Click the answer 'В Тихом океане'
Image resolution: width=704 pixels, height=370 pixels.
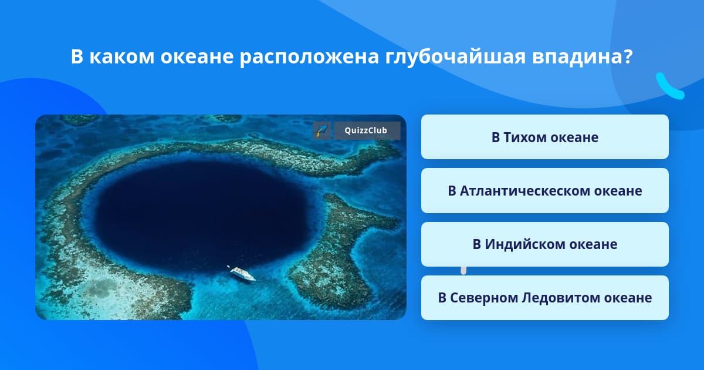pyautogui.click(x=544, y=137)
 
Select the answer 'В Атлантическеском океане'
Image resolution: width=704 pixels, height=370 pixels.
pyautogui.click(x=544, y=191)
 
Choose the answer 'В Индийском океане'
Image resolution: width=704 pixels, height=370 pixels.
pyautogui.click(x=544, y=244)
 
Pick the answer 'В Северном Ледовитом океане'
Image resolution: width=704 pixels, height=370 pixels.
pyautogui.click(x=544, y=298)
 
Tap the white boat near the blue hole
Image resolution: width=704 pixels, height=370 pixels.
pyautogui.click(x=242, y=274)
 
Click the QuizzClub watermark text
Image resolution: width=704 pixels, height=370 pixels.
pyautogui.click(x=366, y=130)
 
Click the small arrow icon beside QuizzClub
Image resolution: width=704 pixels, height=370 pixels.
pyautogui.click(x=322, y=130)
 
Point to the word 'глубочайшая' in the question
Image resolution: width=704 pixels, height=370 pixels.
pyautogui.click(x=455, y=57)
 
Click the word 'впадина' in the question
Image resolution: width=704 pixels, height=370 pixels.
pyautogui.click(x=576, y=57)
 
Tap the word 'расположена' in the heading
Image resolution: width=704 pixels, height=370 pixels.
pyautogui.click(x=309, y=58)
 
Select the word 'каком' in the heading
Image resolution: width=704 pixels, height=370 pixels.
pyautogui.click(x=121, y=57)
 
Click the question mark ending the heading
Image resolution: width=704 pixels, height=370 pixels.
pyautogui.click(x=627, y=56)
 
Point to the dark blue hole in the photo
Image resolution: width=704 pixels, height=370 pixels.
pyautogui.click(x=201, y=214)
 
